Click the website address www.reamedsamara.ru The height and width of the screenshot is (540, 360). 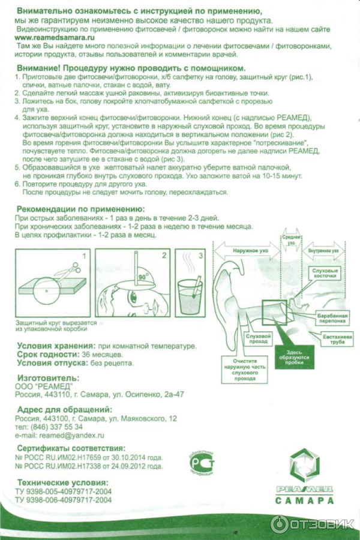click(x=55, y=37)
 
